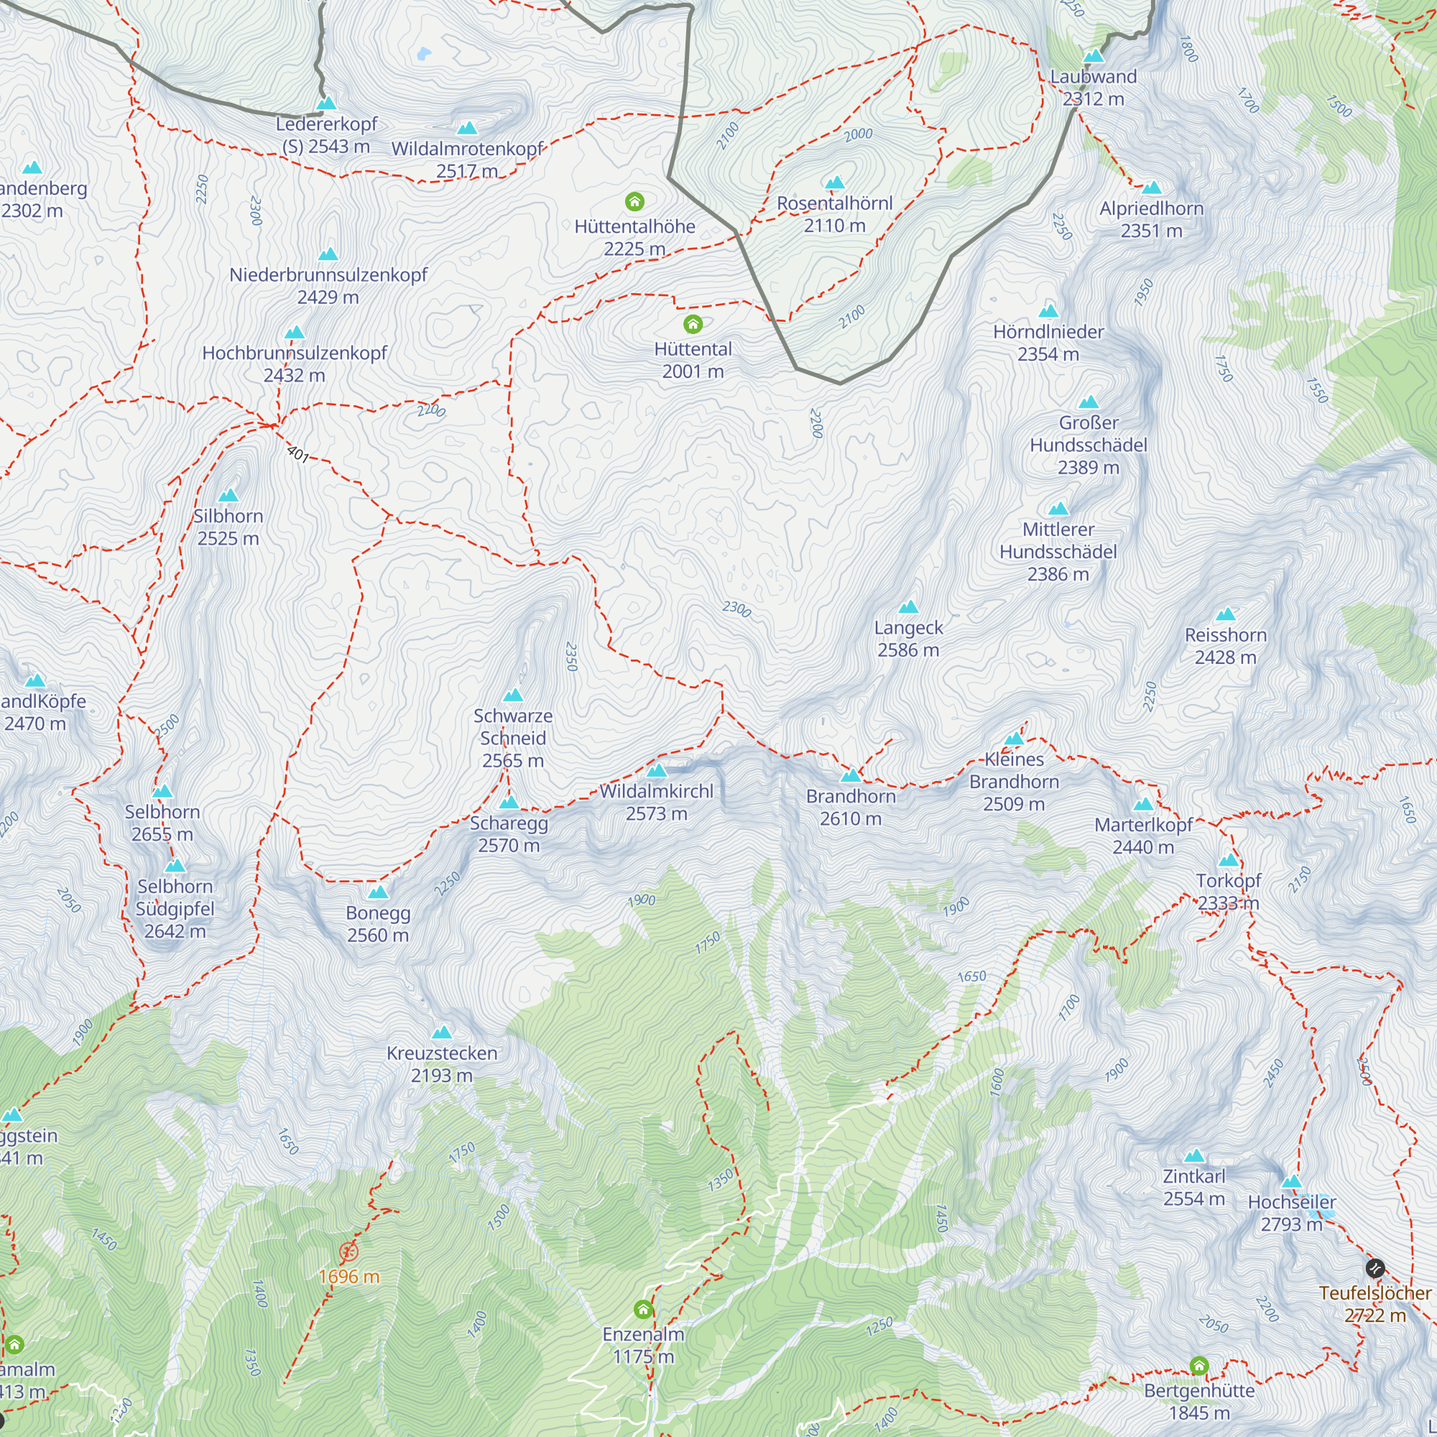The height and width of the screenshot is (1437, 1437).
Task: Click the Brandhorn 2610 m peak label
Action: [850, 807]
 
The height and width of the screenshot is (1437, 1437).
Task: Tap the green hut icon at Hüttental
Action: [693, 323]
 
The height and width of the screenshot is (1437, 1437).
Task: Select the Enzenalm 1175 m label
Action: [642, 1345]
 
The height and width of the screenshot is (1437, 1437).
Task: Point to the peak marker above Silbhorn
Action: [228, 495]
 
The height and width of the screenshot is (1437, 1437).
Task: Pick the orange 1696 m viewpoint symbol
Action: [348, 1252]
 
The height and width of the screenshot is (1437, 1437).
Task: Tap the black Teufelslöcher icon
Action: [1375, 1268]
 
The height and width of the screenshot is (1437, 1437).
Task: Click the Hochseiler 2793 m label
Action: [1291, 1213]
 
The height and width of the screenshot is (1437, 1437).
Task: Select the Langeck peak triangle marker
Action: [908, 607]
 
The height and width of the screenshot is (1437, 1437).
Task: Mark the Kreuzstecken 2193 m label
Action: [441, 1063]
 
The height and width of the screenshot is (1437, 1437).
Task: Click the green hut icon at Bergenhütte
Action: [1199, 1366]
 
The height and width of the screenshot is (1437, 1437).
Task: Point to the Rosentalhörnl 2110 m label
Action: [833, 214]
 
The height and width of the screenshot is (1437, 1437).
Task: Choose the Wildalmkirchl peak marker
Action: [656, 770]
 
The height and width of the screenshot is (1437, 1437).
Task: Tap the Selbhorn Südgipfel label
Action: [175, 908]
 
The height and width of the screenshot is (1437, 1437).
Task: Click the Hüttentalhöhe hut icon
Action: [634, 202]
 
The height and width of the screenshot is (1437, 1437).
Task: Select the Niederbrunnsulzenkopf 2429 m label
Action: [328, 286]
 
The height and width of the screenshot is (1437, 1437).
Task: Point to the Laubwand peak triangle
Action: [1093, 56]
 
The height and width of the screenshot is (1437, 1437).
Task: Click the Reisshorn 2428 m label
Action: [1225, 646]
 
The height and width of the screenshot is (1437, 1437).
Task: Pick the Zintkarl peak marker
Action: [1193, 1156]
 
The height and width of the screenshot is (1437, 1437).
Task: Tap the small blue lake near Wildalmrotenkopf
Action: [424, 54]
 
